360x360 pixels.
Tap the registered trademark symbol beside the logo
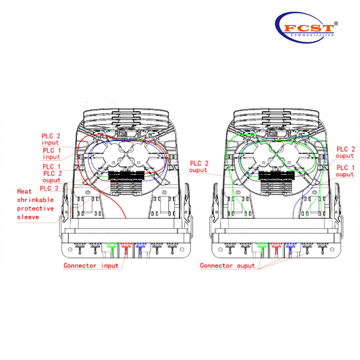336,22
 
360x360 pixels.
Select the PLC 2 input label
51,139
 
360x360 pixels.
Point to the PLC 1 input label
51,153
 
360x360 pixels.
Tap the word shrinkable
35,199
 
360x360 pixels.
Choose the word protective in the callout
35,208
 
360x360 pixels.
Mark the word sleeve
28,217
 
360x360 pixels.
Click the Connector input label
91,265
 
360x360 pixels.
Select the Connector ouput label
227,265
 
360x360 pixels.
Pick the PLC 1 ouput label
346,171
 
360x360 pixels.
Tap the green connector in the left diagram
111,247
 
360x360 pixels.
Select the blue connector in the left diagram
140,247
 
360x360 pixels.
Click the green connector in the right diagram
260,247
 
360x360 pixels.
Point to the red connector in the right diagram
274,247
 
